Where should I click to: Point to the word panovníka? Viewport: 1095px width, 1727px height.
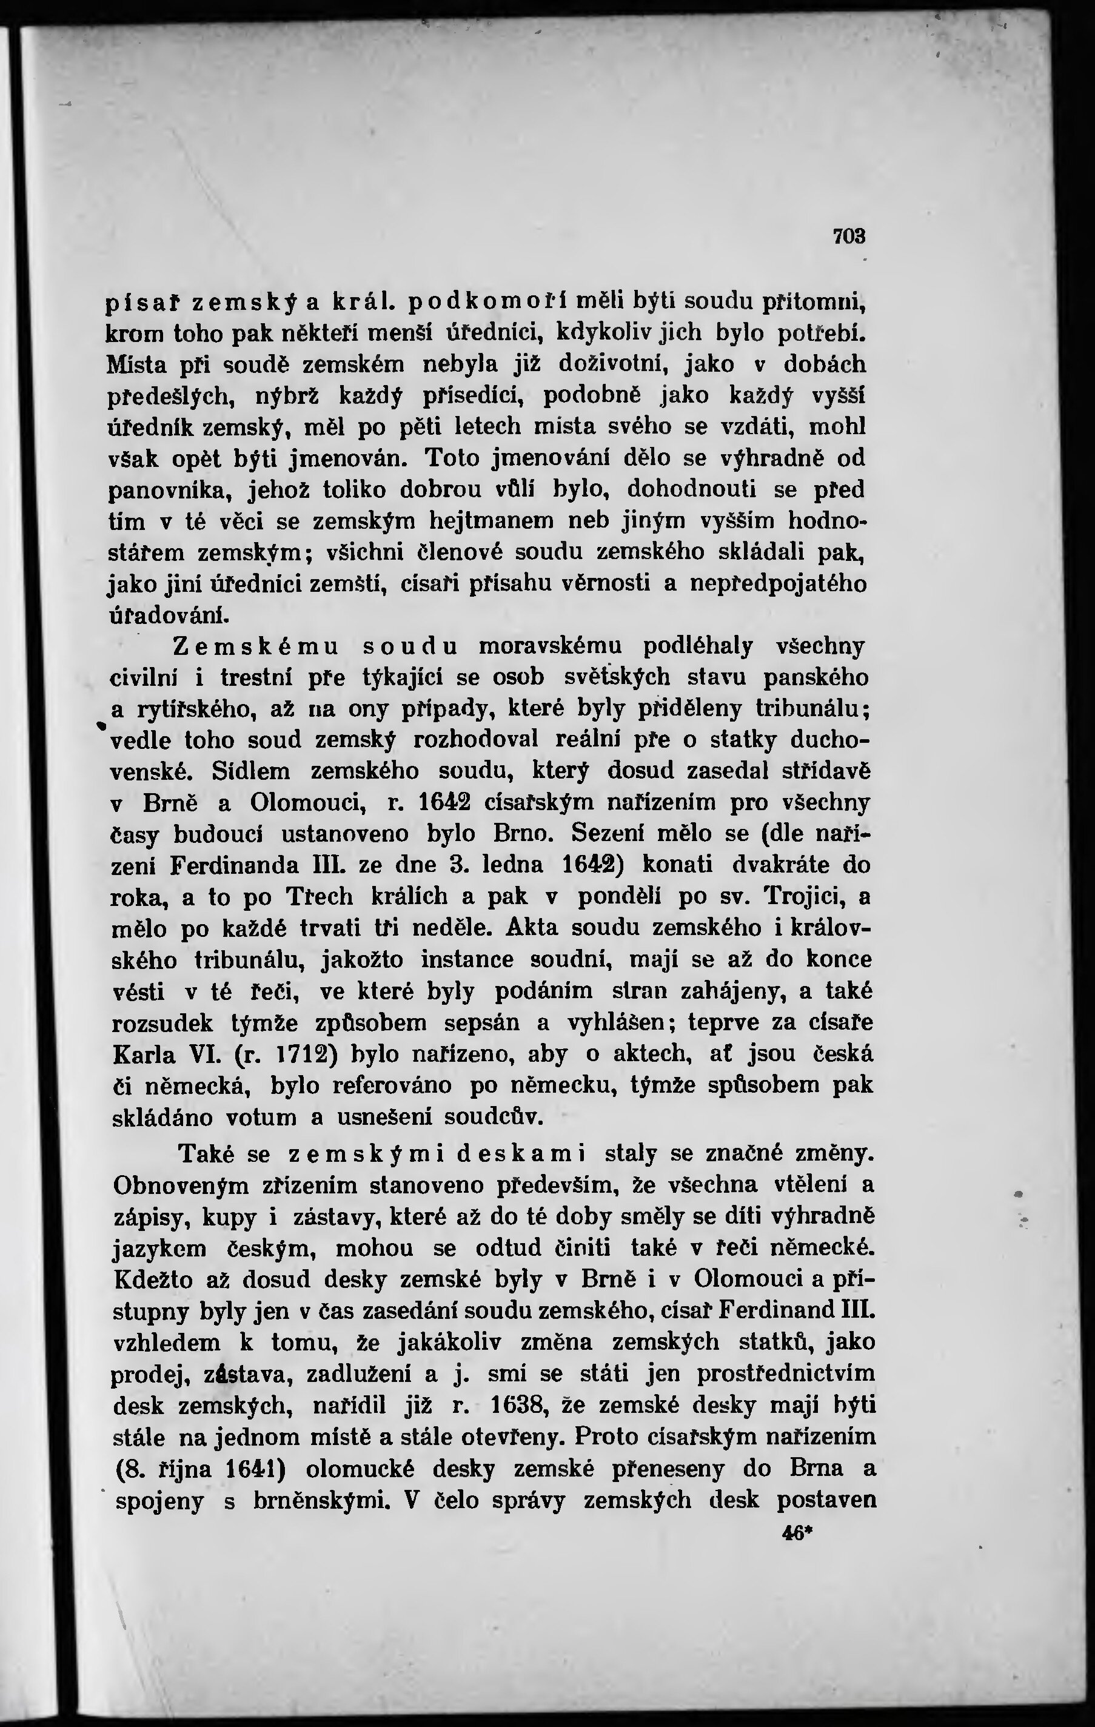click(x=169, y=491)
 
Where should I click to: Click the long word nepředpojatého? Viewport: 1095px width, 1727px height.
click(x=777, y=584)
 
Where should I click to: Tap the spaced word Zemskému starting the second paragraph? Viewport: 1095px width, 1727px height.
click(x=256, y=646)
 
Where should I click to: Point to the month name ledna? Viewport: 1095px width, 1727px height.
click(x=512, y=865)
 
